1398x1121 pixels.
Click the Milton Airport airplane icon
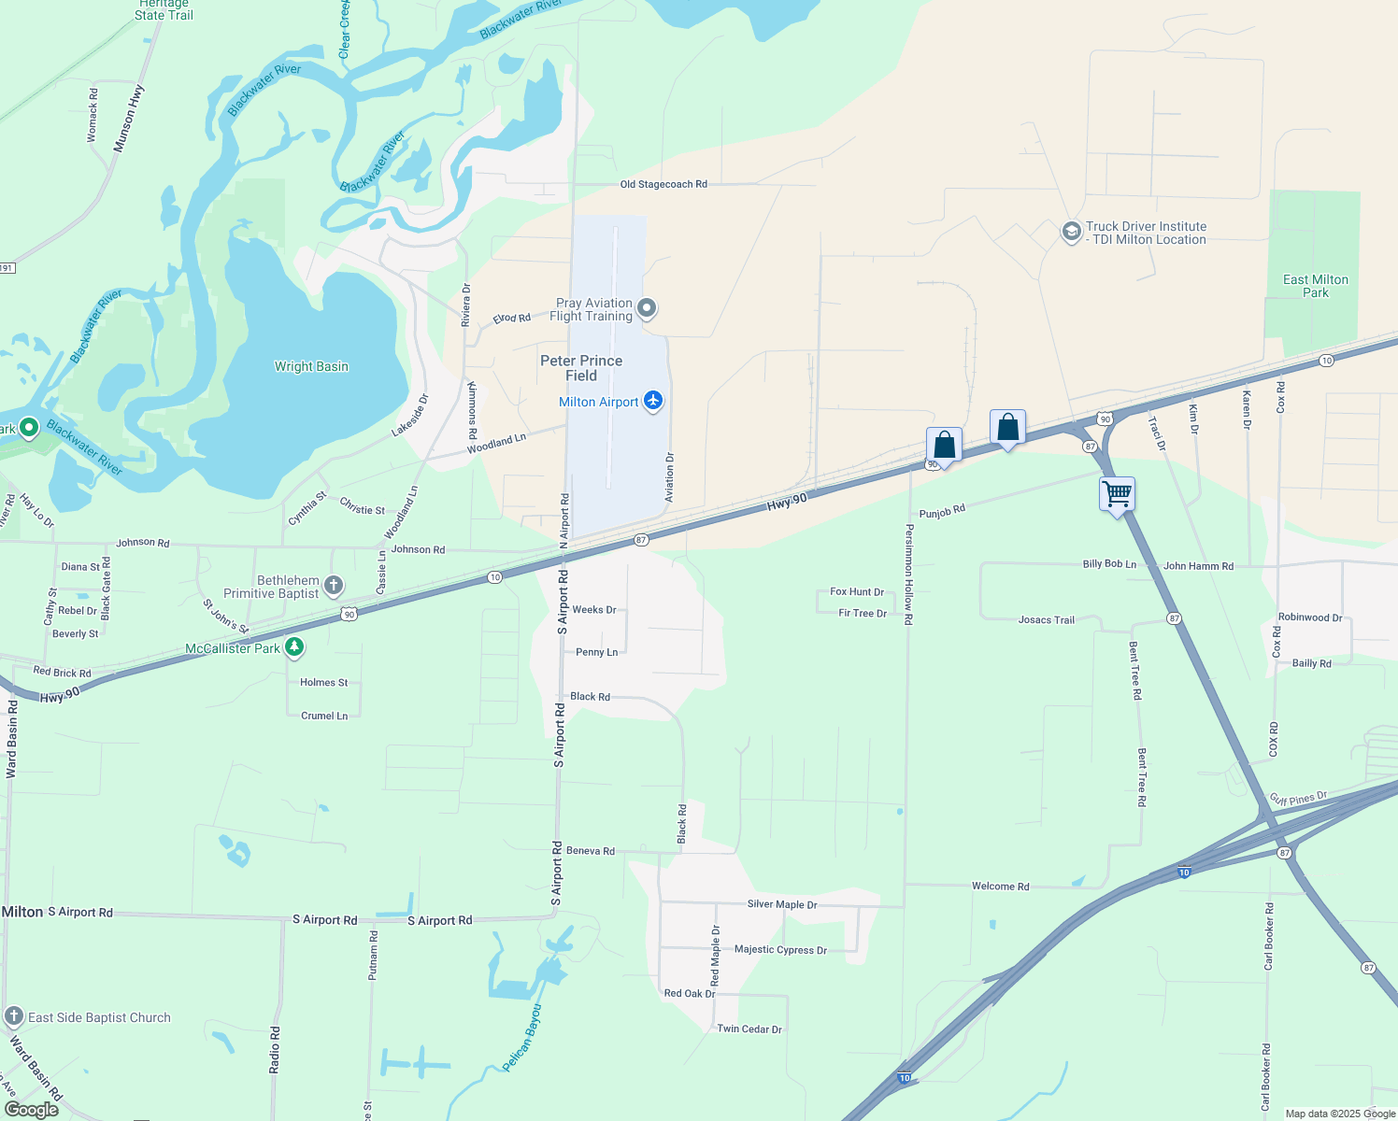(x=653, y=402)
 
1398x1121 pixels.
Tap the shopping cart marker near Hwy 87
(x=1118, y=493)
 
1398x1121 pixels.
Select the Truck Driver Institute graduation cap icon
(x=1072, y=232)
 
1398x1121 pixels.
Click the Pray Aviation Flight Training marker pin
(x=647, y=309)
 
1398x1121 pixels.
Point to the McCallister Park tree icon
(x=294, y=647)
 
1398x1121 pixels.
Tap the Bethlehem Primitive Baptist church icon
(x=334, y=587)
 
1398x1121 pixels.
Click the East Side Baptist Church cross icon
(x=14, y=1017)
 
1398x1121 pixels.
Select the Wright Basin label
(x=311, y=366)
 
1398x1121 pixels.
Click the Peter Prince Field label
(x=581, y=368)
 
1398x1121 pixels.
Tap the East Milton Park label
(x=1315, y=286)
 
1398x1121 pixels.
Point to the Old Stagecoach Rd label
(x=663, y=184)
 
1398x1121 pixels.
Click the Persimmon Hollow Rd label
(x=908, y=575)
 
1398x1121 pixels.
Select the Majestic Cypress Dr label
(x=780, y=950)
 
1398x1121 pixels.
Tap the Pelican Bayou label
(x=522, y=1038)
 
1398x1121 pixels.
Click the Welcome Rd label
(x=1000, y=887)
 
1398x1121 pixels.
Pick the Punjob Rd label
(x=942, y=513)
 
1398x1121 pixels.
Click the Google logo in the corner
(x=32, y=1109)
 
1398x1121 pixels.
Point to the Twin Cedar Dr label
(x=749, y=1029)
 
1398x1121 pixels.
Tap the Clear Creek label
(x=344, y=29)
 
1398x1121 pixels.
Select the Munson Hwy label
(x=129, y=119)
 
